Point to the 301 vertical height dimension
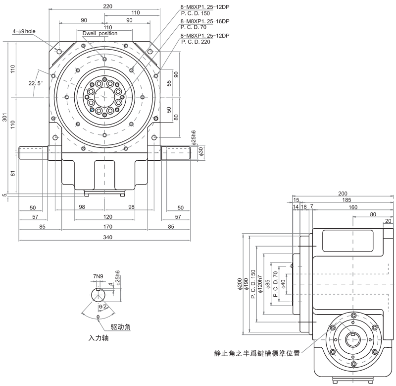click(4, 118)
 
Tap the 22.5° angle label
click(36, 83)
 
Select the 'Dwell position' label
click(100, 33)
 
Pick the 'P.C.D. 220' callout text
click(196, 42)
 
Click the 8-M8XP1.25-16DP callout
click(205, 21)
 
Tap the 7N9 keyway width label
click(98, 276)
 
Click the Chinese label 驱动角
click(120, 327)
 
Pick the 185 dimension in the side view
click(346, 200)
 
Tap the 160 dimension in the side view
click(352, 207)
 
